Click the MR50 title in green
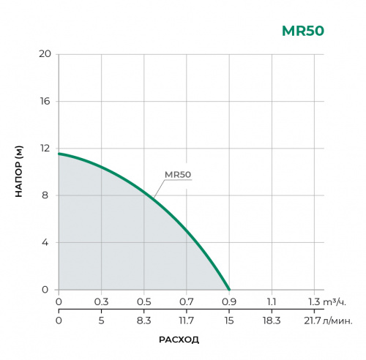pyautogui.click(x=302, y=31)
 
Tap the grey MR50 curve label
pyautogui.click(x=178, y=174)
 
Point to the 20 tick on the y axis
pyautogui.click(x=44, y=54)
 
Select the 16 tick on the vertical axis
pyautogui.click(x=44, y=101)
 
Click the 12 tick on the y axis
pyautogui.click(x=44, y=149)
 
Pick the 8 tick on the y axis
pyautogui.click(x=47, y=195)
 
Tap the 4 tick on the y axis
pyautogui.click(x=47, y=242)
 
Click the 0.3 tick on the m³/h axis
pyautogui.click(x=101, y=301)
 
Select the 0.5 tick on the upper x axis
pyautogui.click(x=143, y=301)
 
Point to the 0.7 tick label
pyautogui.click(x=187, y=301)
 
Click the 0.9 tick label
pyautogui.click(x=229, y=301)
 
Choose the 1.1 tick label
pyautogui.click(x=272, y=301)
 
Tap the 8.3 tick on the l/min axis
pyautogui.click(x=143, y=320)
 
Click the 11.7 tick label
pyautogui.click(x=187, y=320)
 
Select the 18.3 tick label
pyautogui.click(x=272, y=320)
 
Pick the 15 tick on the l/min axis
pyautogui.click(x=229, y=320)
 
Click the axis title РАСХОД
pyautogui.click(x=179, y=340)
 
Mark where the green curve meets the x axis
pyautogui.click(x=229, y=290)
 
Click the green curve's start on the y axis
pyautogui.click(x=59, y=154)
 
